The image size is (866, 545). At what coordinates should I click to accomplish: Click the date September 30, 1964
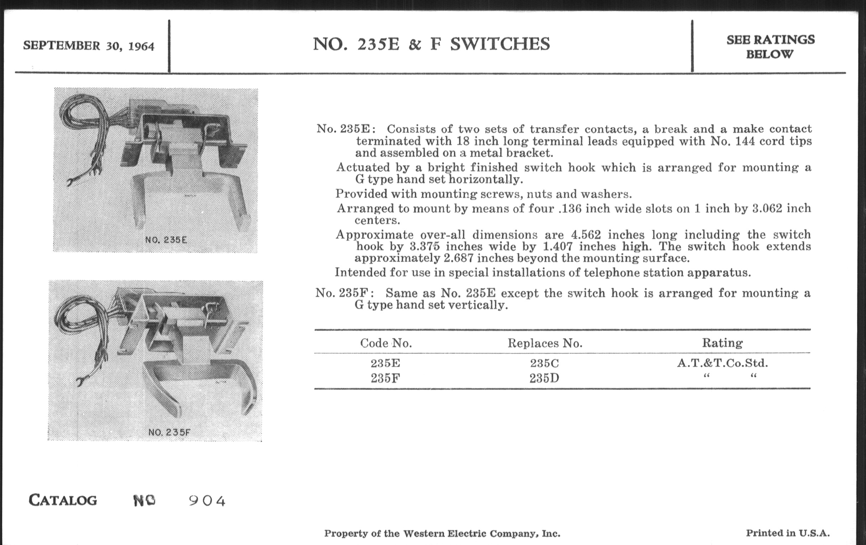(x=88, y=46)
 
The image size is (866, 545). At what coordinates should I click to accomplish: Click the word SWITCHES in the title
(x=500, y=44)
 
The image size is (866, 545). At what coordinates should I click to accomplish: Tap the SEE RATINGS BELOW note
(x=770, y=47)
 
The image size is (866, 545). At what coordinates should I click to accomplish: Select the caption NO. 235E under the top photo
(x=166, y=240)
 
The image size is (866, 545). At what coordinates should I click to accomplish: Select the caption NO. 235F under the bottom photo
(x=169, y=432)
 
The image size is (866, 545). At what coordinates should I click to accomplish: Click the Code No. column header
(x=386, y=343)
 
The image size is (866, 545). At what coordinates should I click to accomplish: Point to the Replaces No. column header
(x=545, y=343)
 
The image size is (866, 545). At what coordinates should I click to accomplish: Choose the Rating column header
(x=722, y=343)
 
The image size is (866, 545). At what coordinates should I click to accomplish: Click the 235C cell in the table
(x=544, y=363)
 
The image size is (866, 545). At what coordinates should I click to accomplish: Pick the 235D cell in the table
(x=544, y=378)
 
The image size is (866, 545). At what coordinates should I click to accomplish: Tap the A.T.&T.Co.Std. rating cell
(x=722, y=363)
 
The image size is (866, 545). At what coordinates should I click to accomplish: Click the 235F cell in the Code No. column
(x=385, y=378)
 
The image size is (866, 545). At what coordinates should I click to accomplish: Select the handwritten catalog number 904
(x=207, y=501)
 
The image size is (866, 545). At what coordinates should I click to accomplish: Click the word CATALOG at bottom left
(x=63, y=500)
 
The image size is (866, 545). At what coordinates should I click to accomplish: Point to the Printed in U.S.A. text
(x=788, y=533)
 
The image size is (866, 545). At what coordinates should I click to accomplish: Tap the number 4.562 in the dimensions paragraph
(x=586, y=234)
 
